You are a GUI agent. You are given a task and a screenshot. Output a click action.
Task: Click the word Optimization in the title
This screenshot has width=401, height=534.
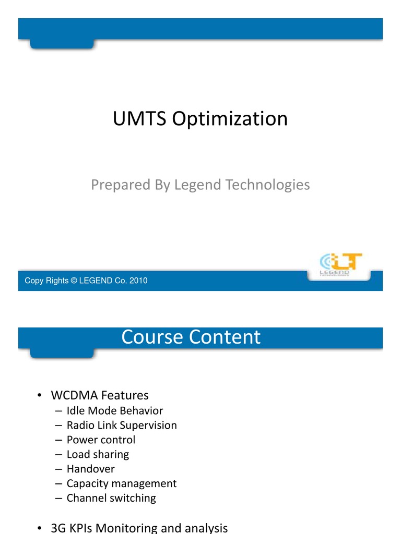[x=230, y=119]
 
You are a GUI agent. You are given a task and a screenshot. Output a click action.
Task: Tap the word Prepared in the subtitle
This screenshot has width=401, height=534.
[x=114, y=185]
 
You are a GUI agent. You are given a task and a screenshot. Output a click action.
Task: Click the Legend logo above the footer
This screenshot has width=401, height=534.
[x=340, y=264]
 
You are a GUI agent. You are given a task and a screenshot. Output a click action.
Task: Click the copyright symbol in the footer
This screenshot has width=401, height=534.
[x=74, y=281]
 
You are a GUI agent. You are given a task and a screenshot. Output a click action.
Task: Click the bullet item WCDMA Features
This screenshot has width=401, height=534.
[x=99, y=395]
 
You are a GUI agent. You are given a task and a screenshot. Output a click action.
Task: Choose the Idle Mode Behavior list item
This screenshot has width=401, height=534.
[x=115, y=411]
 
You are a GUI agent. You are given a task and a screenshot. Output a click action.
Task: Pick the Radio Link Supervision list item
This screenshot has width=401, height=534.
[x=122, y=426]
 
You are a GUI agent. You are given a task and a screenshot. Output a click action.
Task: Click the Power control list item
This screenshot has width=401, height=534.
[x=101, y=440]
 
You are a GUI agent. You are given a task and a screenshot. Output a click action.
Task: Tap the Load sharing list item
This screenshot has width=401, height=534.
[x=98, y=454]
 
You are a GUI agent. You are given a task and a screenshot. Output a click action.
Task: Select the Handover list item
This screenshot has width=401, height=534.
[x=90, y=469]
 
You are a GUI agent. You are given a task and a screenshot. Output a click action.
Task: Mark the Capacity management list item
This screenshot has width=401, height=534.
[x=122, y=483]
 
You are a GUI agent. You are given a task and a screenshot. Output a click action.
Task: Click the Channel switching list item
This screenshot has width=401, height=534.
[x=111, y=498]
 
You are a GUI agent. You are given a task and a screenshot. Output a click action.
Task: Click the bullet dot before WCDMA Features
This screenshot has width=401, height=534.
[x=40, y=396]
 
